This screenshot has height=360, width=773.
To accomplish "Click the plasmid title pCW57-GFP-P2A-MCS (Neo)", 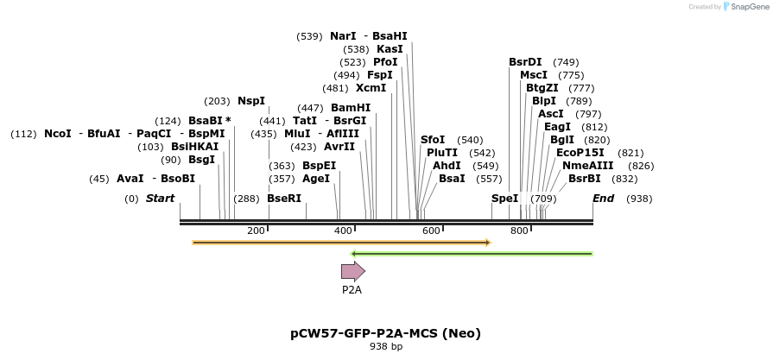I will click(385, 332).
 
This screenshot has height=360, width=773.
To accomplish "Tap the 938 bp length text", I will click(385, 347).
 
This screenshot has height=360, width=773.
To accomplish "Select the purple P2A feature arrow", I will click(353, 271).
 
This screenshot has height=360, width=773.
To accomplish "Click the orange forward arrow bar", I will click(341, 243).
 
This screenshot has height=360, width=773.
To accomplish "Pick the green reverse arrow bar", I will click(471, 254).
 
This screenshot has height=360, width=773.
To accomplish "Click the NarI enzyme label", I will click(343, 36).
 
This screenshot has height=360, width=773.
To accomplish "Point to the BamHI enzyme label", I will click(351, 108).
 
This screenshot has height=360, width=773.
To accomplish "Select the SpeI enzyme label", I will click(505, 199).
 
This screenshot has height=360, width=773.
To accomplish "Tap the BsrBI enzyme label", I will click(585, 179).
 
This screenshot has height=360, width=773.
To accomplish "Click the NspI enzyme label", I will click(251, 101).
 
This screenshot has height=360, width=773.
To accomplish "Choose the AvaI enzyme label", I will click(130, 179).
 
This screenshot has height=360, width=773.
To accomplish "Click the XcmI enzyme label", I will click(371, 88).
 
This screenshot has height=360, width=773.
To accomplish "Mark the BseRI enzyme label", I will click(284, 199).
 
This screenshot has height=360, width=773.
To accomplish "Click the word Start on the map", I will click(160, 199).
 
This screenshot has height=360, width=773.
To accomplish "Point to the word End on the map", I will click(604, 199).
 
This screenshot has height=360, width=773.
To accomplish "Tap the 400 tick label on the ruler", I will click(343, 231).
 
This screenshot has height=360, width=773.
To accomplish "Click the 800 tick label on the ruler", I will click(519, 231).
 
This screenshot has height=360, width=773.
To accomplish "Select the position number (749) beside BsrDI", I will click(566, 62).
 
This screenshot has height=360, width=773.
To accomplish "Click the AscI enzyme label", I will click(550, 114).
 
